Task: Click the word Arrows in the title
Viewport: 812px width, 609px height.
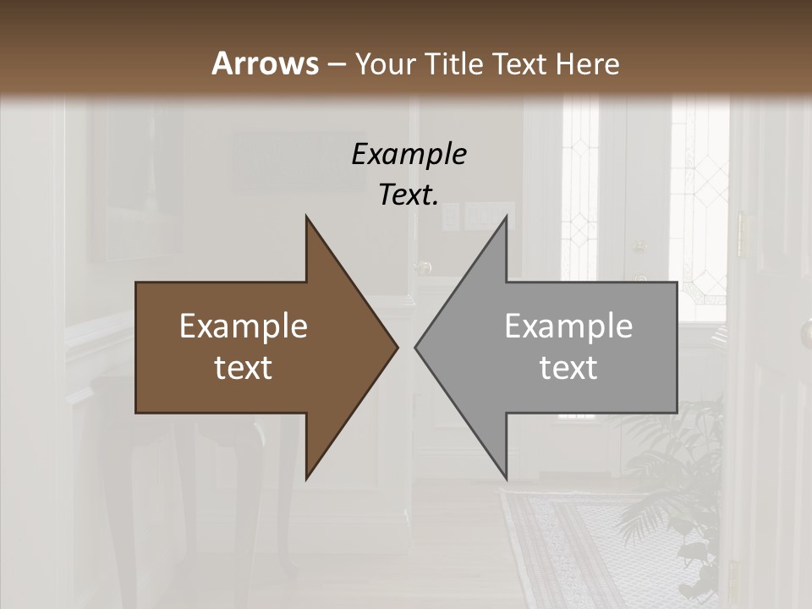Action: click(265, 63)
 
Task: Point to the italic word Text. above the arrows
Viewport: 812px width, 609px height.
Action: click(409, 195)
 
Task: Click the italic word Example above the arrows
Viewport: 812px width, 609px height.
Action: click(409, 154)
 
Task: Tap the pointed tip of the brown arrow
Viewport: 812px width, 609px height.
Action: click(396, 347)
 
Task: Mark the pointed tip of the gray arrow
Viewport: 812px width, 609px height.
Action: click(417, 347)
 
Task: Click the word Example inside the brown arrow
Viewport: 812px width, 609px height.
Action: click(244, 326)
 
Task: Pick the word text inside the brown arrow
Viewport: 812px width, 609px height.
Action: click(244, 368)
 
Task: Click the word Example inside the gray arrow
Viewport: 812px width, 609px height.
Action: click(568, 326)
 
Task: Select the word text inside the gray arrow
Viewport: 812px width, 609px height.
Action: click(568, 368)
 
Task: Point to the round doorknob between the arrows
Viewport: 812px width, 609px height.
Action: click(424, 268)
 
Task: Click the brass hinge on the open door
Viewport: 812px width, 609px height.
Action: click(743, 234)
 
